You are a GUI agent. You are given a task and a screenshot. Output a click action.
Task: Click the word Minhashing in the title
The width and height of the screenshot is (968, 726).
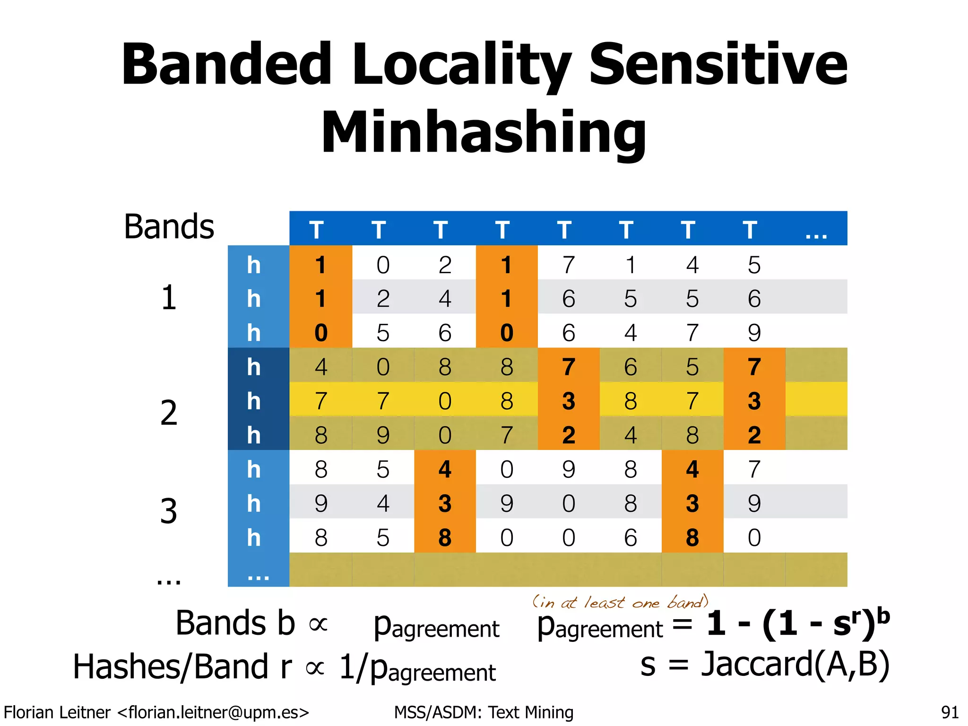(x=484, y=132)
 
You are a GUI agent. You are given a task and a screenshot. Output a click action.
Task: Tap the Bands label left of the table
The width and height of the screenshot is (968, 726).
(x=169, y=227)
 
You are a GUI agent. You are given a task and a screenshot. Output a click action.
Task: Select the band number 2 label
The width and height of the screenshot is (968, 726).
(x=169, y=413)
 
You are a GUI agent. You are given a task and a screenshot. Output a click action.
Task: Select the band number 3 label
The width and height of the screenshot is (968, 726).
(x=169, y=511)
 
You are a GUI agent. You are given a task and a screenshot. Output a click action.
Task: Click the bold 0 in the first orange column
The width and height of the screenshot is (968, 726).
(x=321, y=333)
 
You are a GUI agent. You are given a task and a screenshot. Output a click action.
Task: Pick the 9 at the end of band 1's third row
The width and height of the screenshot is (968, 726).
(x=754, y=333)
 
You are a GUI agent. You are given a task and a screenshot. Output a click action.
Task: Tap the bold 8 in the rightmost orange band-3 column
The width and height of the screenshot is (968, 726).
(x=692, y=537)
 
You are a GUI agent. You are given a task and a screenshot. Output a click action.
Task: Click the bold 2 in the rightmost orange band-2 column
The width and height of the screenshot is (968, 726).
(x=754, y=435)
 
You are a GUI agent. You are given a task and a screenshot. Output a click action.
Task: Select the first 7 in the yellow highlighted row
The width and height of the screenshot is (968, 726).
(x=321, y=401)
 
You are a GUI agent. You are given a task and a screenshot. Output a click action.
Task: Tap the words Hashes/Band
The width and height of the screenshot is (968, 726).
(x=171, y=667)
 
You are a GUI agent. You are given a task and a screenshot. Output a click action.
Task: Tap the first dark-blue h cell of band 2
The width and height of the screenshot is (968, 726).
(x=254, y=367)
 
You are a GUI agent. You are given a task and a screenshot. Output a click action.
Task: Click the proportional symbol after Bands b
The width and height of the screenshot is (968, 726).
(x=318, y=624)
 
